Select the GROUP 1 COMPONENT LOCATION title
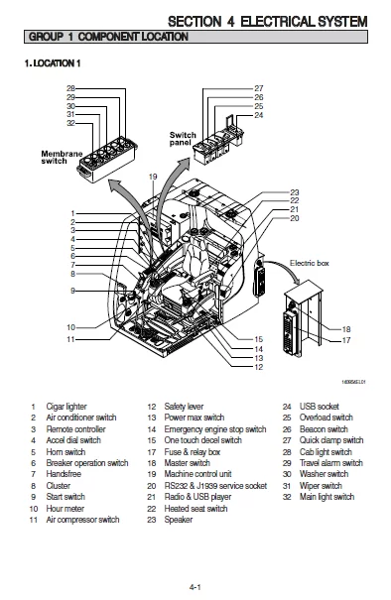pyautogui.click(x=108, y=37)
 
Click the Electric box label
pyautogui.click(x=308, y=263)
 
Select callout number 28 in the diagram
pyautogui.click(x=70, y=89)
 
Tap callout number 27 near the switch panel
pyautogui.click(x=259, y=89)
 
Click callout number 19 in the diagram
pyautogui.click(x=153, y=177)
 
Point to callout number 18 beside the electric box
pyautogui.click(x=346, y=328)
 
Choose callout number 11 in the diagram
pyautogui.click(x=71, y=339)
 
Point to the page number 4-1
pyautogui.click(x=195, y=587)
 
